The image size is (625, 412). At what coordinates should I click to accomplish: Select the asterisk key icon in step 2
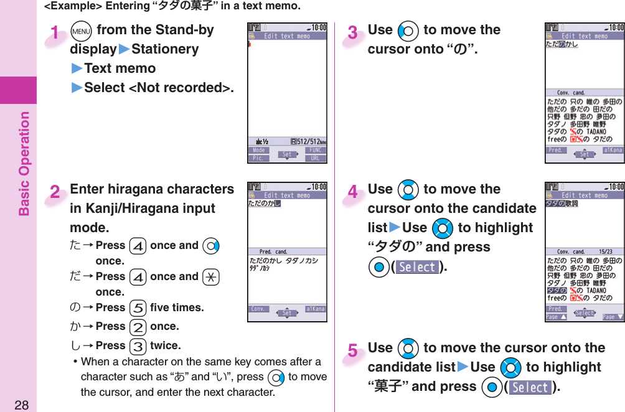[x=210, y=277]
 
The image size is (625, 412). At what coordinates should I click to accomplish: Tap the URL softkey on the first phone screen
[x=317, y=158]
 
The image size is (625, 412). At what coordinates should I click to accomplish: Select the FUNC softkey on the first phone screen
[x=317, y=151]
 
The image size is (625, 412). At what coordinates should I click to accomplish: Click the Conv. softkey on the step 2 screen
[x=258, y=309]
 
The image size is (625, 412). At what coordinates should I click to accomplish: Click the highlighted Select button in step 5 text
[x=530, y=387]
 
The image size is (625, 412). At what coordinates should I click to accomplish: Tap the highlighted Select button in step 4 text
[x=417, y=267]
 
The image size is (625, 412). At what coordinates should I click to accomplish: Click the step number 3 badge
[x=353, y=33]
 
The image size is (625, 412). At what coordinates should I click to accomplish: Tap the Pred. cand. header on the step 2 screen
[x=273, y=252]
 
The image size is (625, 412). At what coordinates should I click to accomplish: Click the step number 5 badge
[x=353, y=352]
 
